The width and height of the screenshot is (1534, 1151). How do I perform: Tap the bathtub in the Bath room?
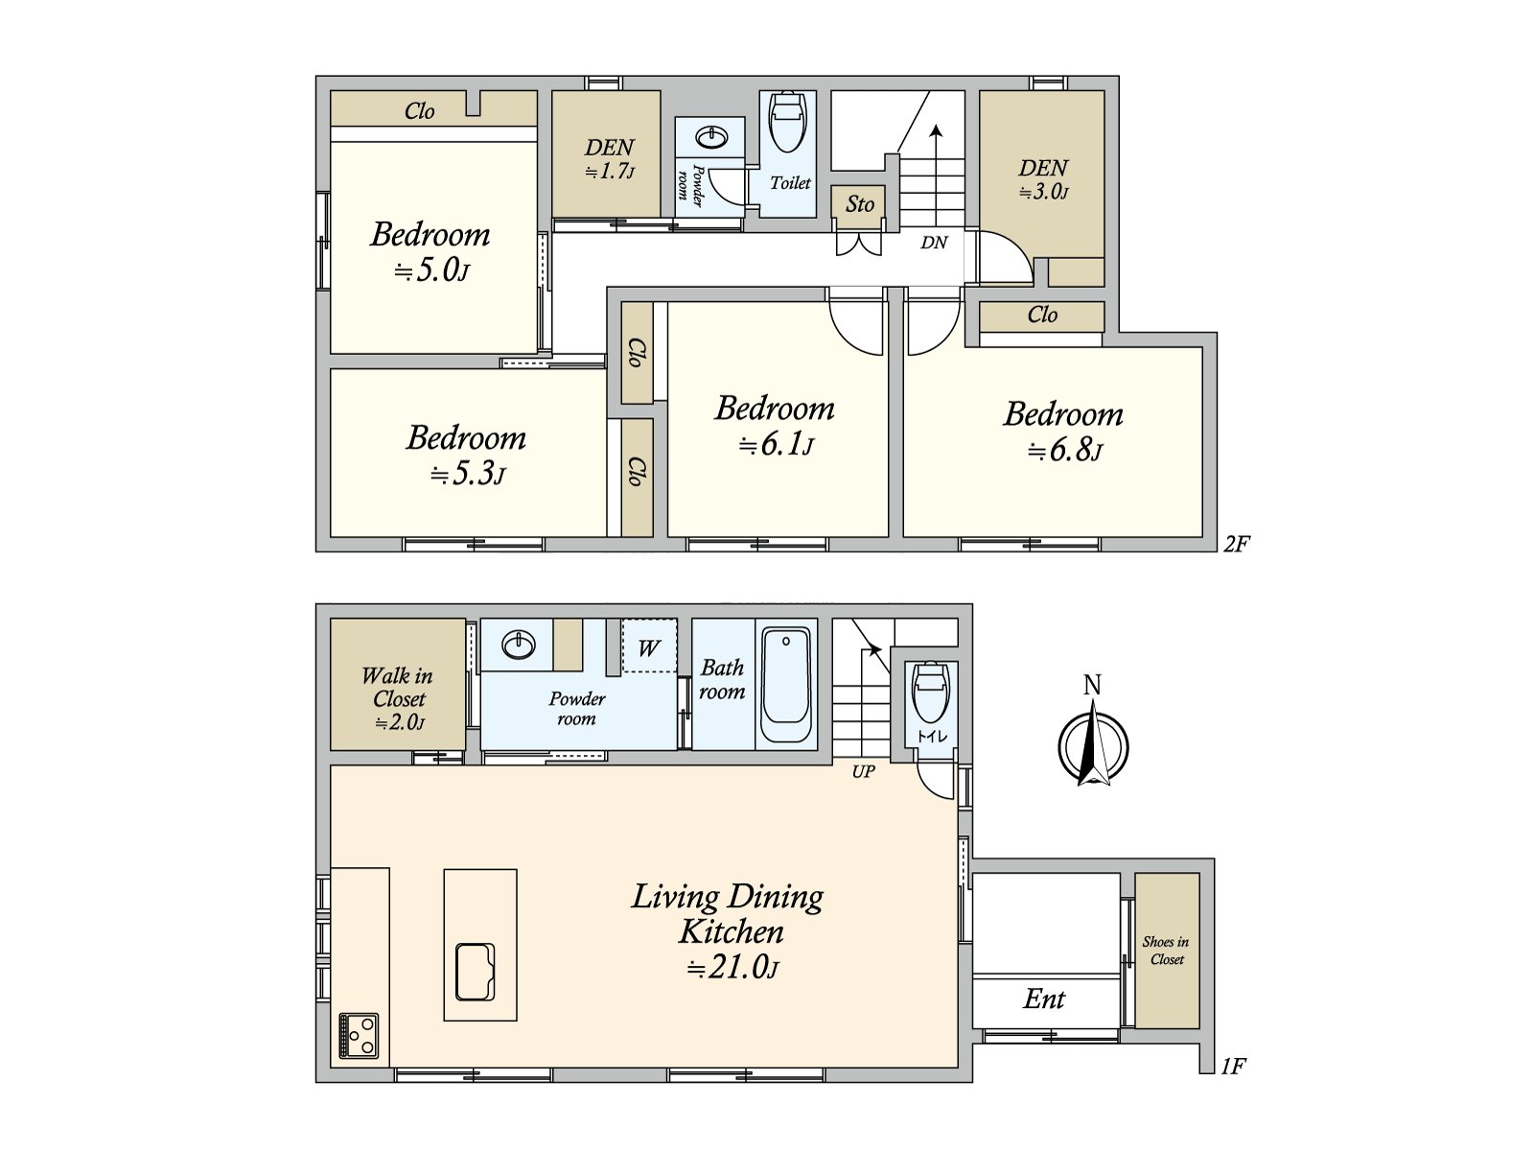click(x=786, y=685)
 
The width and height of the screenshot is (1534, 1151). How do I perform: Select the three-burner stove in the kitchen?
click(x=359, y=1036)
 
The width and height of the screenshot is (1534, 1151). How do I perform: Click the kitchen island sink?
click(x=476, y=972)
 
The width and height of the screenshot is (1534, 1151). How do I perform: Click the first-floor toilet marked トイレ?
click(x=931, y=692)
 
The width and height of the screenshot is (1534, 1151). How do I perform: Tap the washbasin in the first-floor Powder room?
click(x=518, y=644)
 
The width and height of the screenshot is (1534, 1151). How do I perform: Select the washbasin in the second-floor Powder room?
click(x=711, y=137)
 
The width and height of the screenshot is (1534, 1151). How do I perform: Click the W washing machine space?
click(x=648, y=646)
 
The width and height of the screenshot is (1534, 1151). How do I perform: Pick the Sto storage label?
click(x=859, y=204)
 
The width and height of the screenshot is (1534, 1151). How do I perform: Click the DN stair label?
click(x=934, y=243)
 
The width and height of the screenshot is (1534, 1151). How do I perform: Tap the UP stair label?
click(x=863, y=771)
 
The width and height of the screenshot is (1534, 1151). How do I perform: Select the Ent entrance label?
click(x=1044, y=999)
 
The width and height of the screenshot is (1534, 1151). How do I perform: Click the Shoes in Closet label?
click(x=1167, y=951)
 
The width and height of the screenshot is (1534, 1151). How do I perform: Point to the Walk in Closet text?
click(x=398, y=688)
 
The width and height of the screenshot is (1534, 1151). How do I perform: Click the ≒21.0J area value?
click(x=732, y=968)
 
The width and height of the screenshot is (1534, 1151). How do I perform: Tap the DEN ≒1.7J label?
click(x=610, y=158)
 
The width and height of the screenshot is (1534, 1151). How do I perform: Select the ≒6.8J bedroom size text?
click(x=1064, y=451)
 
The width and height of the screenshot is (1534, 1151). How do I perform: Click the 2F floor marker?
click(x=1236, y=544)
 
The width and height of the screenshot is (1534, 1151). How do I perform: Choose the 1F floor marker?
click(x=1233, y=1066)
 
